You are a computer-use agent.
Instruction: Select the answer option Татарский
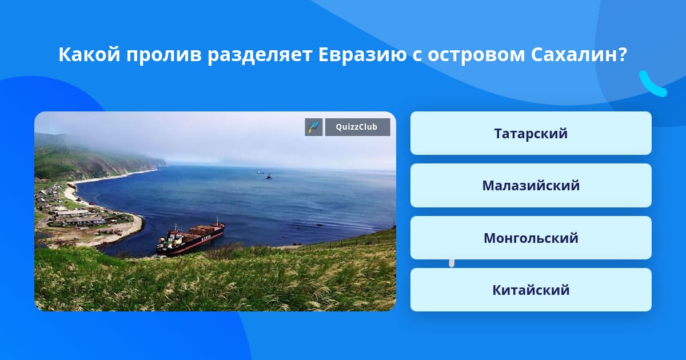tap(531, 133)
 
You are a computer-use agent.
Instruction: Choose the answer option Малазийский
tap(531, 186)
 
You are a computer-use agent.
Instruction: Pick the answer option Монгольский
tap(531, 238)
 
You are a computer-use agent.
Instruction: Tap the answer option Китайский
tap(531, 290)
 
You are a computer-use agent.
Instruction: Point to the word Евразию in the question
tap(362, 55)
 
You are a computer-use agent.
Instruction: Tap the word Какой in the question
tap(89, 54)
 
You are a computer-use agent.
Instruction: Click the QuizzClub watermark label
tap(357, 127)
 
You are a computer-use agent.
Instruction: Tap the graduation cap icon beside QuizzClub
tap(314, 127)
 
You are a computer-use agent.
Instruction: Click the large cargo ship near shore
tap(190, 237)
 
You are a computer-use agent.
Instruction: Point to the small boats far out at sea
tap(264, 174)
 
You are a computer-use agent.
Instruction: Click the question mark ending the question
tap(623, 55)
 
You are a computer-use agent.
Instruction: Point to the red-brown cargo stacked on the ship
tap(202, 230)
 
